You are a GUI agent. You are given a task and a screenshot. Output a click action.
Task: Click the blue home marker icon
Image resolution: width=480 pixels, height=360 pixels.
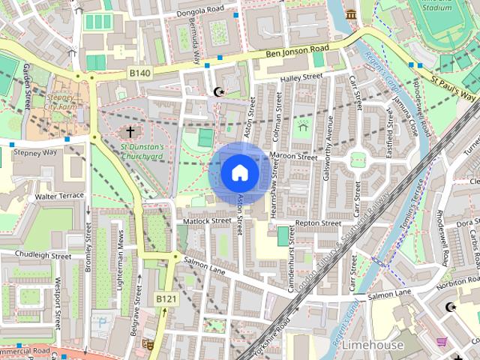239,173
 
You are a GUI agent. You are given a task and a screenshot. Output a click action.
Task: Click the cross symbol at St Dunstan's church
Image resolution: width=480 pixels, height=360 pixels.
130,132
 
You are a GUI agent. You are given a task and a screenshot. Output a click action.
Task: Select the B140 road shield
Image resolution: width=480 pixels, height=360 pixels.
139,73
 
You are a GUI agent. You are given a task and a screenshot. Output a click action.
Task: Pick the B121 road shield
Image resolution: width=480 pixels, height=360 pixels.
166,299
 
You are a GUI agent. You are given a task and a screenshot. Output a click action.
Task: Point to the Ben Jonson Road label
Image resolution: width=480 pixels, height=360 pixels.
298,52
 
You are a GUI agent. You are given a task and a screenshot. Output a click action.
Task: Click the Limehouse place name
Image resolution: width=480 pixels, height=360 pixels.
372,345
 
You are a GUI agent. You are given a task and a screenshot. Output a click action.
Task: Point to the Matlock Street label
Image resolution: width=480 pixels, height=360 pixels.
206,221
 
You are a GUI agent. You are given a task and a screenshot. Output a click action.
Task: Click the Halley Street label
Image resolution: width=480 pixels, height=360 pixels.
301,77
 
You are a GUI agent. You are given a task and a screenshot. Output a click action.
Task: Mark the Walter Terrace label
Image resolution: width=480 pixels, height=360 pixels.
59,196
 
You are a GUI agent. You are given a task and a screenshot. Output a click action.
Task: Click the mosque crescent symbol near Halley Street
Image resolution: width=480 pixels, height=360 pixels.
219,91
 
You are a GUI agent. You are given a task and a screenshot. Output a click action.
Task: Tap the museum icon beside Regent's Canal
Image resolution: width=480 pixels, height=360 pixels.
351,15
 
